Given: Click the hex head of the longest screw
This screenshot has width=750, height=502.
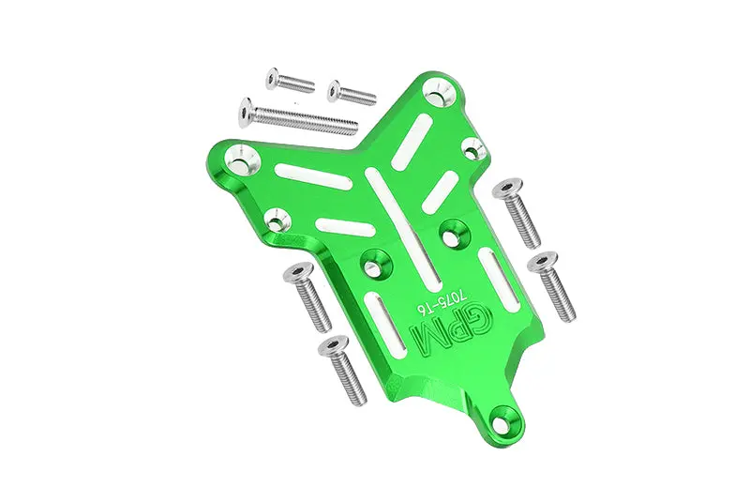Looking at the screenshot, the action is point(246,112).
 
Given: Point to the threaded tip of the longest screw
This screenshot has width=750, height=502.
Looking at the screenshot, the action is point(353,128).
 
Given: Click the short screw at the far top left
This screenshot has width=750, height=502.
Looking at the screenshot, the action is point(290,81).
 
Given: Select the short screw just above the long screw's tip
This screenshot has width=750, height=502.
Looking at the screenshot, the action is point(352,92).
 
